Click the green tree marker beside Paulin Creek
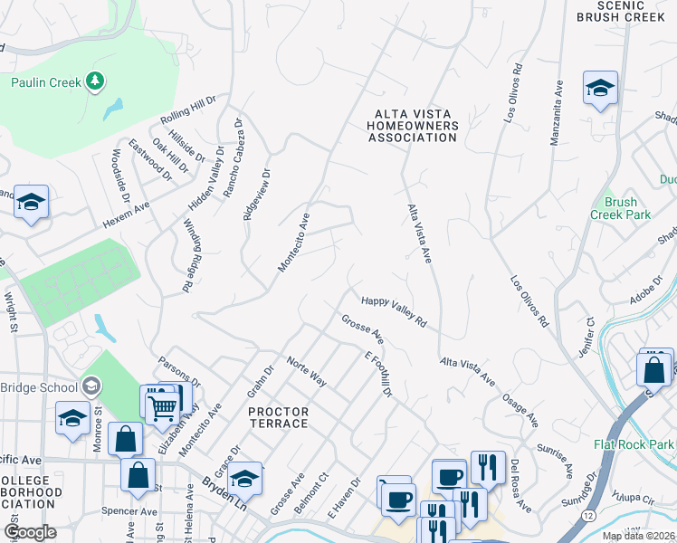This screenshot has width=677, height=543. pos(95,82)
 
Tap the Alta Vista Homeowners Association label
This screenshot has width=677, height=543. pos(413,125)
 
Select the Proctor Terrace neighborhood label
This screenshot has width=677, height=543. pos(278,417)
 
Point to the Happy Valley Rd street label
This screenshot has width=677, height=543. pos(393,310)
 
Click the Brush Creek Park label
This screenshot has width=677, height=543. pos(620,208)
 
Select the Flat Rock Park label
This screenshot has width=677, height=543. pos(634,443)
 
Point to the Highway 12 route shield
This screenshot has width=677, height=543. pos(588,513)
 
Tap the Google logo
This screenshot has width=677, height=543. pos(30,532)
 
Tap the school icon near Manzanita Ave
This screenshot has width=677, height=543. pos(600,89)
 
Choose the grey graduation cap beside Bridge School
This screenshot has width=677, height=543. pos(91,387)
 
